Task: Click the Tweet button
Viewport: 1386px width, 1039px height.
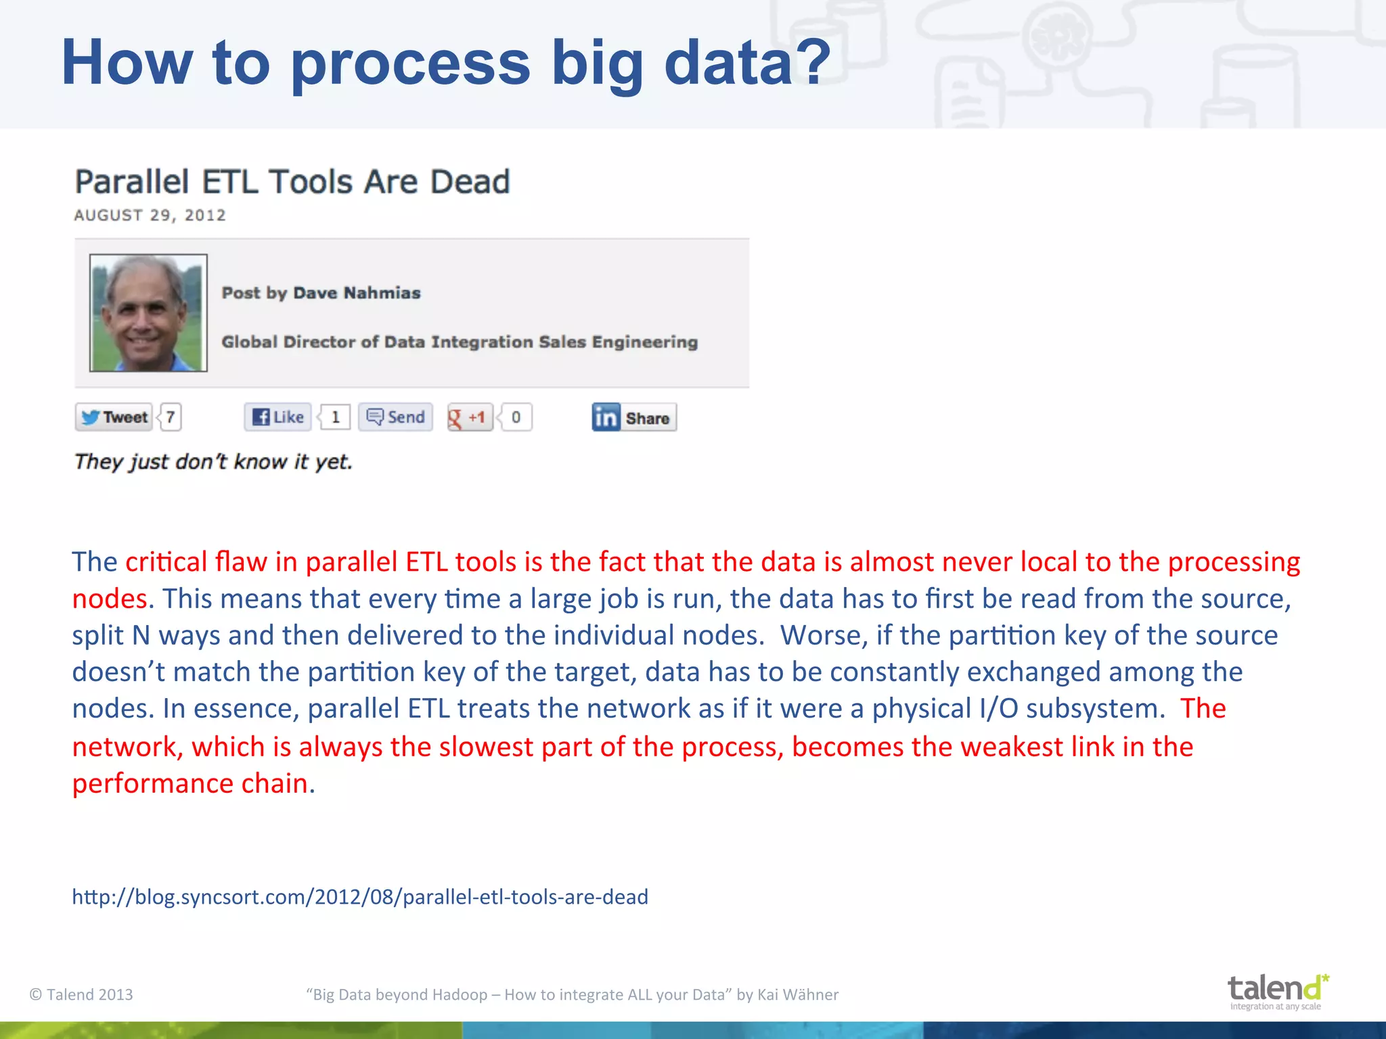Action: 114,417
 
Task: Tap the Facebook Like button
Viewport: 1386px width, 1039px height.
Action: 278,417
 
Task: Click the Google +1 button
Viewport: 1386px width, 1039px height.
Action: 470,417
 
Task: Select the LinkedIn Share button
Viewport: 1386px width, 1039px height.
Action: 634,418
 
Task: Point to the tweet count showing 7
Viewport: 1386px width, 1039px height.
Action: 171,417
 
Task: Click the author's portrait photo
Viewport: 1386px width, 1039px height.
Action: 148,313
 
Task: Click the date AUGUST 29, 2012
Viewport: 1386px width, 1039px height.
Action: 150,215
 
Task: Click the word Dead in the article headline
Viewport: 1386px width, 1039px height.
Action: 470,182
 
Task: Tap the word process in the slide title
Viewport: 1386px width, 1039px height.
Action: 411,64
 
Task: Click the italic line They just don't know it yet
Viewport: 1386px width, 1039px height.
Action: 213,462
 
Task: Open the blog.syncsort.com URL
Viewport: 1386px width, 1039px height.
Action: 360,897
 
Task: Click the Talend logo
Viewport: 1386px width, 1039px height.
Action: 1277,992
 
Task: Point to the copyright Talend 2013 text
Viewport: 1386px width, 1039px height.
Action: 81,994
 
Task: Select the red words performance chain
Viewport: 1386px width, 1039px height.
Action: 190,783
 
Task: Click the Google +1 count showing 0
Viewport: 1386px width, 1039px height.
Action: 516,417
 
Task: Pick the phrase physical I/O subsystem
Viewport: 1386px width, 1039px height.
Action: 1018,709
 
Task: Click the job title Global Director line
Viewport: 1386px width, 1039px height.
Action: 460,342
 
